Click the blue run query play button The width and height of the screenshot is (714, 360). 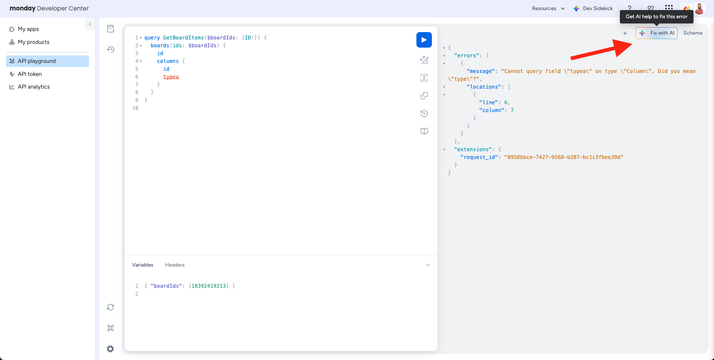click(x=424, y=40)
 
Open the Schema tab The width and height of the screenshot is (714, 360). click(x=693, y=33)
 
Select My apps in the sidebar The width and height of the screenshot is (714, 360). click(x=28, y=29)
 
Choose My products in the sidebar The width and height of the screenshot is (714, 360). click(x=33, y=42)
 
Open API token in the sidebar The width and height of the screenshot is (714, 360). click(x=30, y=74)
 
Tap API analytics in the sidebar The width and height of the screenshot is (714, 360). click(x=33, y=87)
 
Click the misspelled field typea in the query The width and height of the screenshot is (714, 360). click(x=171, y=77)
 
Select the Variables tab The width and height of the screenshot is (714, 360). click(x=143, y=265)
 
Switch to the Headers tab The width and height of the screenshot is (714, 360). click(x=175, y=265)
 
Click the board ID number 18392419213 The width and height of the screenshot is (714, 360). click(x=209, y=286)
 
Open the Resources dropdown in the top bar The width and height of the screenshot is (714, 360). click(x=548, y=8)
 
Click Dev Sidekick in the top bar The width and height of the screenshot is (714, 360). click(x=593, y=8)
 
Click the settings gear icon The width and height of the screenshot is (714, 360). click(x=111, y=349)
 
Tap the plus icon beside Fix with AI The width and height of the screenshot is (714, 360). click(x=625, y=33)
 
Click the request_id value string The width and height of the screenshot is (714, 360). click(x=564, y=157)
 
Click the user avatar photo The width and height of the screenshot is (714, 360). click(x=699, y=9)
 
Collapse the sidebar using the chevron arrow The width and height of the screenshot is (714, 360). click(x=90, y=24)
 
